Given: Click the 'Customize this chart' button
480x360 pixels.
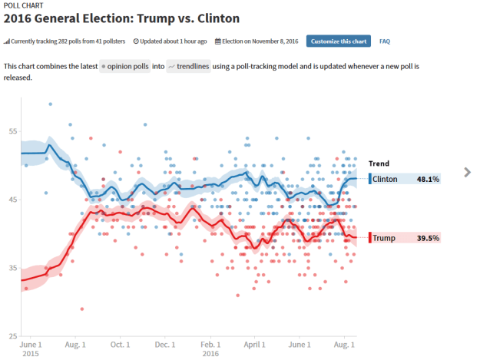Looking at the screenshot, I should click(x=339, y=41).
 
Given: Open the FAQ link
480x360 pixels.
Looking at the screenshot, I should click(x=385, y=41).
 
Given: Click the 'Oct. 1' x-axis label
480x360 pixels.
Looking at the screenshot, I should click(x=120, y=345).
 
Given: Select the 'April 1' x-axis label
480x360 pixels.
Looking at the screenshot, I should click(x=255, y=345).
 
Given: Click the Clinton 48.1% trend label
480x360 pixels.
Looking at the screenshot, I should click(x=405, y=179).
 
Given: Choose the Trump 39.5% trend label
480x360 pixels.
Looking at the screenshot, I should click(x=405, y=238).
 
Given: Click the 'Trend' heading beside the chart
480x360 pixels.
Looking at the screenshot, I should click(x=379, y=163).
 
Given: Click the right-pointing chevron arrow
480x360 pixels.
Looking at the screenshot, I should click(x=467, y=172).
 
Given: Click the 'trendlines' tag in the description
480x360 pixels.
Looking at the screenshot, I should click(x=188, y=67).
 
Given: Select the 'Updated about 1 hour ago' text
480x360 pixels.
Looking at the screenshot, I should click(x=170, y=41).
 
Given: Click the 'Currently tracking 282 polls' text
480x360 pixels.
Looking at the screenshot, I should click(x=65, y=41).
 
